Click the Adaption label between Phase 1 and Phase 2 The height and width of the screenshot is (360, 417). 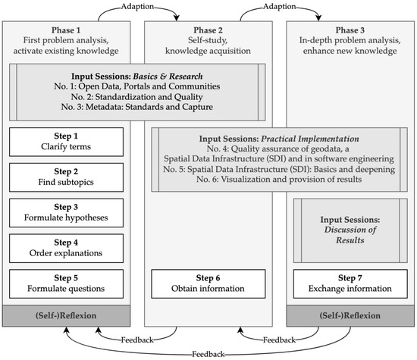pos(139,8)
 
